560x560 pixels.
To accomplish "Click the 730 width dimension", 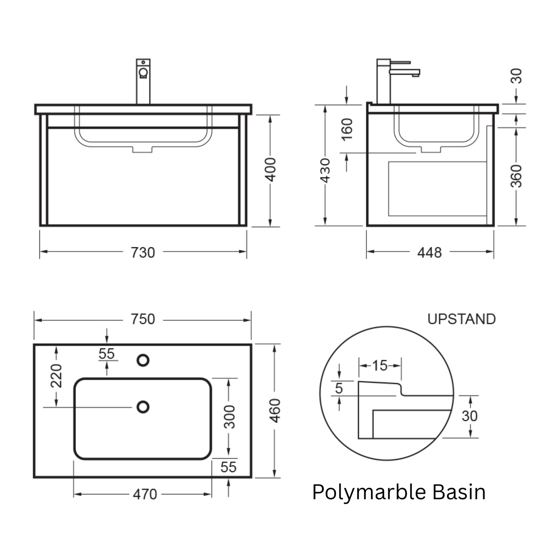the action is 143,253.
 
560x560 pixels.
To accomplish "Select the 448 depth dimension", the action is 429,253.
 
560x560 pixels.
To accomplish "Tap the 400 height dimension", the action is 271,170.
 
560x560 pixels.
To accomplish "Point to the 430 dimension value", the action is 325,171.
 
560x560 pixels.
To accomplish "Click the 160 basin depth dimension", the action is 347,130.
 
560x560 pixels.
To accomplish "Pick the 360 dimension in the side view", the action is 517,176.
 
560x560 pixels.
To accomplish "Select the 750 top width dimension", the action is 143,319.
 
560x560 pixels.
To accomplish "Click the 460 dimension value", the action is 275,411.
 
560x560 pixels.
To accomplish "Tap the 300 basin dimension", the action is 229,417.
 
